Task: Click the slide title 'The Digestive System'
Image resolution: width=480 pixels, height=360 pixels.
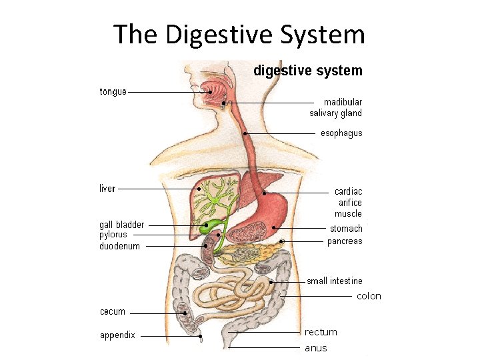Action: pos(239,34)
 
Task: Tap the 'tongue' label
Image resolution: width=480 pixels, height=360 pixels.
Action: pos(113,92)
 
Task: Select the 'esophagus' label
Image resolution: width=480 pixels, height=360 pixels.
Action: pos(341,133)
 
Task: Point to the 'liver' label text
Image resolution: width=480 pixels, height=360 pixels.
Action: pos(107,189)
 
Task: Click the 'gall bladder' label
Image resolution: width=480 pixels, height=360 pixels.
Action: pos(121,225)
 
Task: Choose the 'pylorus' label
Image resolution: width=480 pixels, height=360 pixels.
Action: pos(113,235)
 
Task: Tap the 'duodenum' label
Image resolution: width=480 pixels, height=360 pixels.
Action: pos(120,246)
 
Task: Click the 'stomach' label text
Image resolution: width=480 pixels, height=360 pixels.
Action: pos(346,229)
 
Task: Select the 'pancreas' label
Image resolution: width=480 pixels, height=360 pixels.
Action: pos(345,241)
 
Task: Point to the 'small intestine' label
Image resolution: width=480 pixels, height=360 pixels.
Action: pos(335,281)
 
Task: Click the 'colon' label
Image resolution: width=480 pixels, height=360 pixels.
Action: pos(369,296)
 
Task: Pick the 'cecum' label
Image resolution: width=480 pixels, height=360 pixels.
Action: pos(112,311)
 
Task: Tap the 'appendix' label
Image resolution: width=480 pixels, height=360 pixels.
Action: pos(117,335)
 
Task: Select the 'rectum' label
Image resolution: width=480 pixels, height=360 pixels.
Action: pos(321,332)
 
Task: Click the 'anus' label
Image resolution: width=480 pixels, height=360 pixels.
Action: pos(316,348)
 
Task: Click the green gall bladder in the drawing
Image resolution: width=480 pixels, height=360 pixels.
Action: pos(209,226)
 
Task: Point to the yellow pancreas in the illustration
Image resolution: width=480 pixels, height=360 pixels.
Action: pos(257,251)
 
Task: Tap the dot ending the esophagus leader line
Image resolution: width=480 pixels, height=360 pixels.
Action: pos(245,134)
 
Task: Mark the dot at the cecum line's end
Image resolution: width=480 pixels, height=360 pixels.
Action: pos(184,313)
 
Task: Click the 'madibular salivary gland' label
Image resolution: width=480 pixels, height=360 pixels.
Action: pos(336,107)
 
